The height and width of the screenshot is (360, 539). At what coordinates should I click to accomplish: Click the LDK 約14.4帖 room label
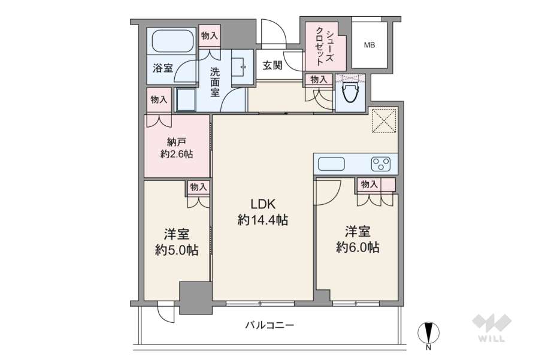pos(263,212)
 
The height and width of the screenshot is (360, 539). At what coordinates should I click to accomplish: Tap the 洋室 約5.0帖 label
pos(176,243)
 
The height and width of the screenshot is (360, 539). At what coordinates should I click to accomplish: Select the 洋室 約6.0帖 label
pos(358,240)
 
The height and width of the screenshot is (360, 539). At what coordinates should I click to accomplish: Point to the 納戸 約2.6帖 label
pos(176,148)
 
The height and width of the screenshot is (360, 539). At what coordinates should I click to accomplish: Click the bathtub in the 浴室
pos(172,41)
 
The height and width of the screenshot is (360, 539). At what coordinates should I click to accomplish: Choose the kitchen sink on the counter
pos(331,164)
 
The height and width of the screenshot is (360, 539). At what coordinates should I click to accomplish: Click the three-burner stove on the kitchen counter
pos(381,164)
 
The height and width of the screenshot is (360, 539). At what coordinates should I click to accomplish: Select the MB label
pos(370,45)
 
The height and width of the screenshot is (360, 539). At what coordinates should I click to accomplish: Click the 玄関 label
pos(272,65)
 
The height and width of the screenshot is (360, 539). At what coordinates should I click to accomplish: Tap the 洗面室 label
pos(215,82)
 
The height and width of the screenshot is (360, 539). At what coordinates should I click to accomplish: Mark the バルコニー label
pos(269,325)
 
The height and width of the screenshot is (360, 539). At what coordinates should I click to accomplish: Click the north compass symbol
pos(428,333)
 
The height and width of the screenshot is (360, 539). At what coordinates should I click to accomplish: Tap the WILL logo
pos(492,328)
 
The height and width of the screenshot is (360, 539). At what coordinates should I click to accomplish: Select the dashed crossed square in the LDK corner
pos(385,120)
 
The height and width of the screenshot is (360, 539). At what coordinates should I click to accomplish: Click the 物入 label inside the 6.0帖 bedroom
pos(369,184)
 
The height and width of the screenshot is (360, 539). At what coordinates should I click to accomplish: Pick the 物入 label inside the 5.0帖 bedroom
pos(199,187)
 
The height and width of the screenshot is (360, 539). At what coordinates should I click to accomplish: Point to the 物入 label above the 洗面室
pos(210,35)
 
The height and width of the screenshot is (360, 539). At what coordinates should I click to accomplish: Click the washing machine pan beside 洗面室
pos(186,99)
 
